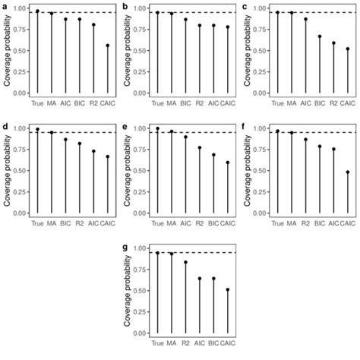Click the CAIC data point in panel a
(x=107, y=46)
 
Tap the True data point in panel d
(x=37, y=129)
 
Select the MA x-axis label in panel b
(x=172, y=102)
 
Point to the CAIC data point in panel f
(x=347, y=172)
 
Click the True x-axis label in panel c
(x=277, y=102)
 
